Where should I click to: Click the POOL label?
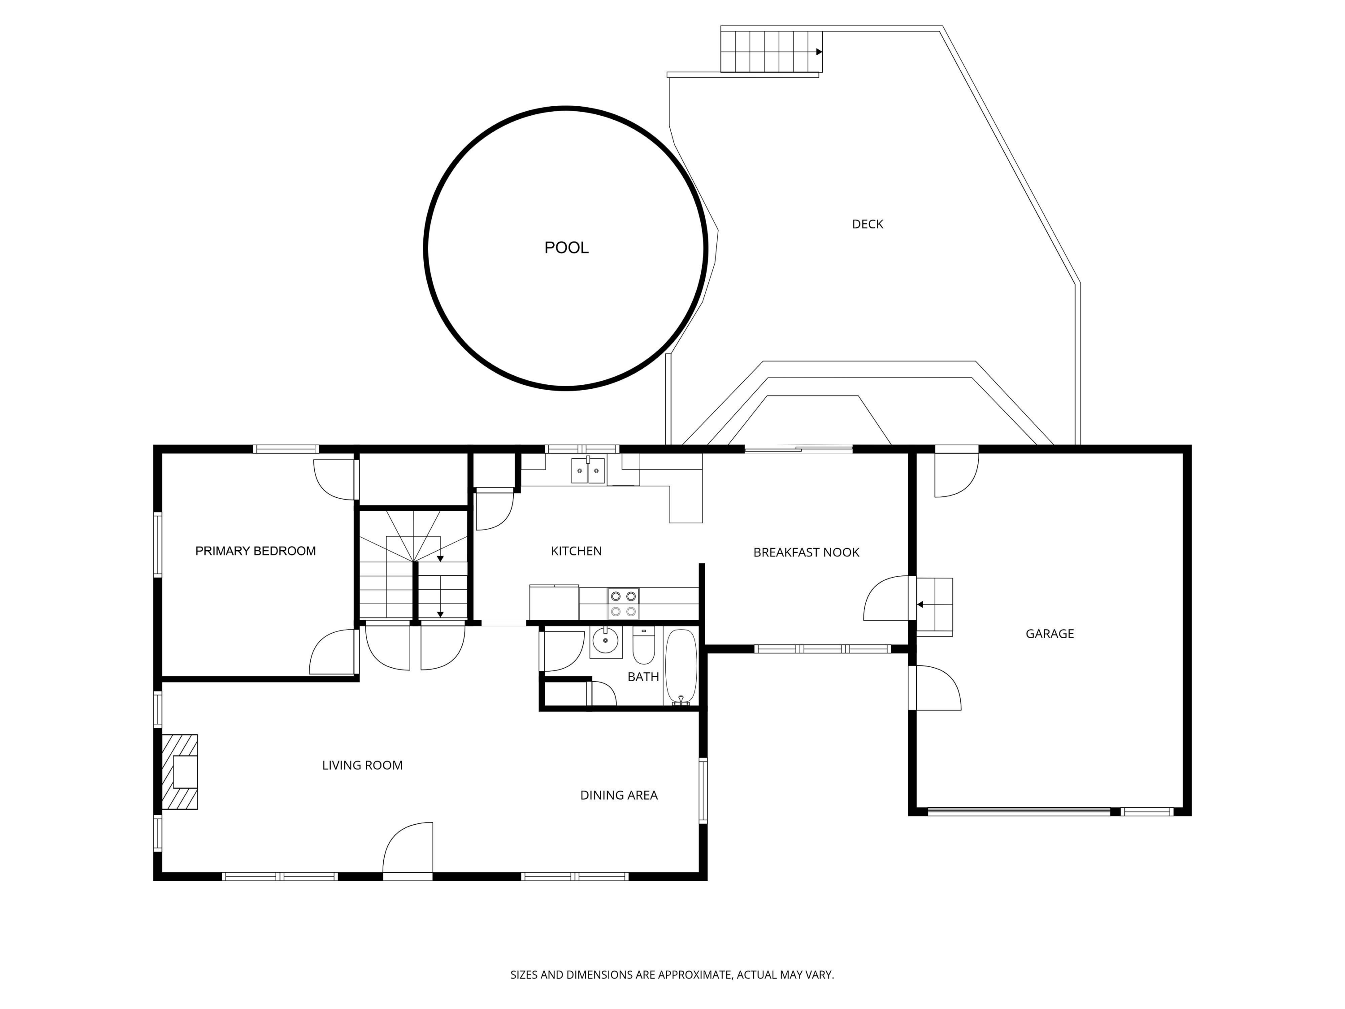pyautogui.click(x=566, y=248)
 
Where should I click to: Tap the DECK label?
pyautogui.click(x=867, y=224)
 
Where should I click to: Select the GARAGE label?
pyautogui.click(x=1050, y=634)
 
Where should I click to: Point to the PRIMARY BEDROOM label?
pyautogui.click(x=256, y=551)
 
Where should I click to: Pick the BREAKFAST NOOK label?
pyautogui.click(x=806, y=552)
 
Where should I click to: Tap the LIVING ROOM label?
pyautogui.click(x=362, y=765)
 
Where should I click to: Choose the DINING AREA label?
pyautogui.click(x=619, y=795)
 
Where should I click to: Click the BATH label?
pyautogui.click(x=643, y=676)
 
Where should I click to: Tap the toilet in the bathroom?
pyautogui.click(x=643, y=646)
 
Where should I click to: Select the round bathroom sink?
pyautogui.click(x=605, y=640)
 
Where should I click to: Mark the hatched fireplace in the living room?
pyautogui.click(x=179, y=772)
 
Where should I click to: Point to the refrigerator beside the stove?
pyautogui.click(x=554, y=602)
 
